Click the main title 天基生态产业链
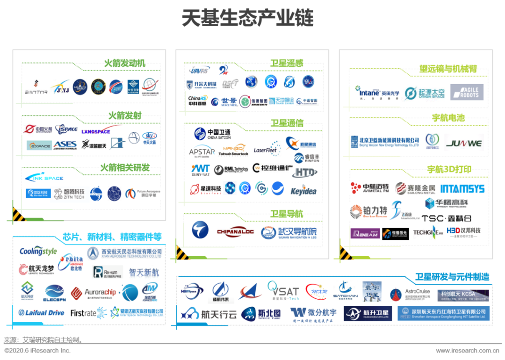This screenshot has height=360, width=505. [247, 18]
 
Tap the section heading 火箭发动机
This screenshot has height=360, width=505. [124, 63]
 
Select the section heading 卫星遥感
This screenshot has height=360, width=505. [287, 63]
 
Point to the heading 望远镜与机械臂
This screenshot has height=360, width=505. [448, 69]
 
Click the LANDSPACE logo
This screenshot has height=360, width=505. [95, 131]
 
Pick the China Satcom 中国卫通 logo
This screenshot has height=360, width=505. [212, 134]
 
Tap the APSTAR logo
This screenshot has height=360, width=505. [202, 152]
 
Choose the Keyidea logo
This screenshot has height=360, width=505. [303, 191]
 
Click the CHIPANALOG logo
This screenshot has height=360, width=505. [235, 231]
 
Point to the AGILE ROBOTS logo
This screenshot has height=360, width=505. [467, 92]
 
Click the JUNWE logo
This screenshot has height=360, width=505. [463, 143]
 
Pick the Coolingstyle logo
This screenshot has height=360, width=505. [38, 252]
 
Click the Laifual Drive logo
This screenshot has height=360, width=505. [41, 313]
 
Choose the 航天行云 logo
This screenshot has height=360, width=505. [209, 314]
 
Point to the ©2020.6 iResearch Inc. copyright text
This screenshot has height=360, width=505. [37, 351]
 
